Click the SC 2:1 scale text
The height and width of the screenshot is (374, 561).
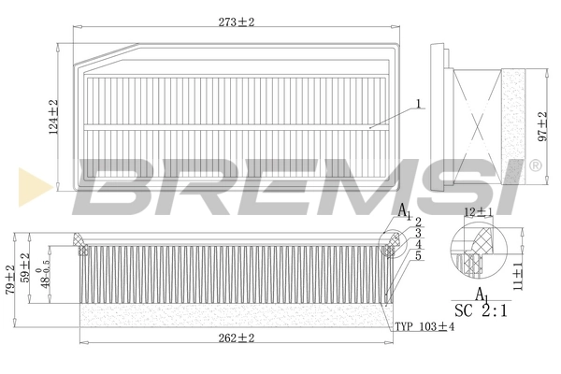point(481,310)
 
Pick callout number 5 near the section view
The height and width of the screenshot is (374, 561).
point(419,255)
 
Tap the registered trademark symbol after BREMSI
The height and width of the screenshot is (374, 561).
point(535,165)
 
